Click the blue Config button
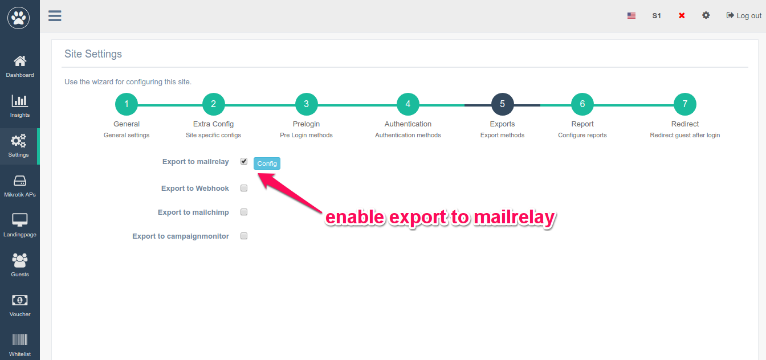pos(267,163)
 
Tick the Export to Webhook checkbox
pos(244,188)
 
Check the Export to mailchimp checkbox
pos(244,212)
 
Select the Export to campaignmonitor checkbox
pos(244,236)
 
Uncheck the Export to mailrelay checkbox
pos(244,161)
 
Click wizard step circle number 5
pos(502,104)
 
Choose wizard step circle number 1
pos(127,104)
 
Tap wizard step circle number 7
pos(685,104)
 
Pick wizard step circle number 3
pos(307,104)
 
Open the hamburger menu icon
pos(55,16)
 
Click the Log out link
pos(744,16)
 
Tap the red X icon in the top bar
pos(682,15)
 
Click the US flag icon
pos(631,16)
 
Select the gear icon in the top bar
pos(706,15)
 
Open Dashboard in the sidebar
pos(20,67)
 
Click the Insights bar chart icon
pos(20,100)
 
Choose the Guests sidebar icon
pos(20,260)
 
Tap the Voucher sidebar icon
pos(20,300)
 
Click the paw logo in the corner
pos(18,18)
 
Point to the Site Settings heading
pos(93,54)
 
